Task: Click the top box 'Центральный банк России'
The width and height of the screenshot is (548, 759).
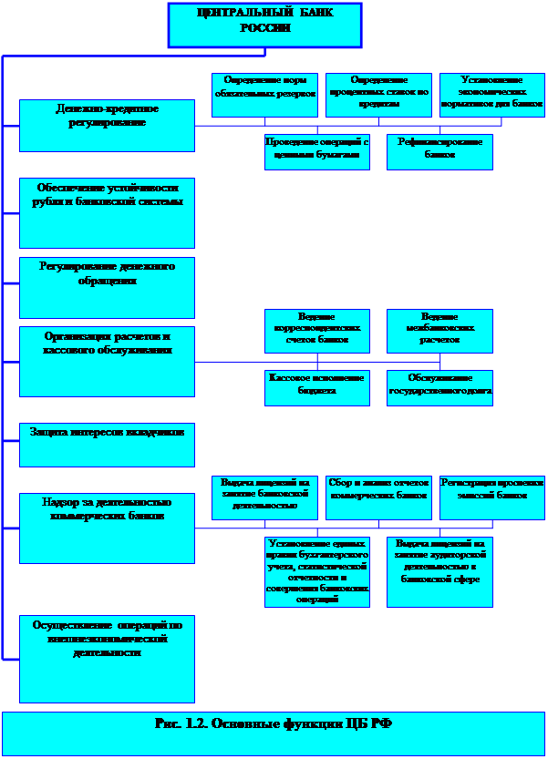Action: point(264,25)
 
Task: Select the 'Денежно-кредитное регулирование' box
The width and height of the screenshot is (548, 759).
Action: point(107,125)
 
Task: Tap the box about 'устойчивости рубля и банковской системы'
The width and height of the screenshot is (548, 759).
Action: point(107,212)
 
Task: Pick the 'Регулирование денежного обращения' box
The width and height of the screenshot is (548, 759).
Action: point(107,287)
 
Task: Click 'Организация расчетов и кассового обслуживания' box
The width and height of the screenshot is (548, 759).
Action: point(107,361)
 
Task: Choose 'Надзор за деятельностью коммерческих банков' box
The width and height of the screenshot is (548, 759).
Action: point(107,528)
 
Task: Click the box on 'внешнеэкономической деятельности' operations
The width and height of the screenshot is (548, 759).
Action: point(107,658)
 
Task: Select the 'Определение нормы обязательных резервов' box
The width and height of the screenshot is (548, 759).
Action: point(264,95)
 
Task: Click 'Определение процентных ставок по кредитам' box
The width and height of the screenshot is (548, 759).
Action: point(378,95)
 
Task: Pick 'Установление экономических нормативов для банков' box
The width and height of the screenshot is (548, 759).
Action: point(492,95)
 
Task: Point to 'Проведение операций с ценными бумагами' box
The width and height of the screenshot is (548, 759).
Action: point(317,152)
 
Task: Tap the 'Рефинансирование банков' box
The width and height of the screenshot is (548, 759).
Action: point(439,152)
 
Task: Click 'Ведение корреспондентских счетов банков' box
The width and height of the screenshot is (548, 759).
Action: point(317,331)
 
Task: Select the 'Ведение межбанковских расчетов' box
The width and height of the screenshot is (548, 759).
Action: point(439,331)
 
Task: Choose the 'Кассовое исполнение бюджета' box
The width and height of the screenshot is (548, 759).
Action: point(317,387)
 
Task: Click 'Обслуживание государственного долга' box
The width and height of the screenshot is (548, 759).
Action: point(439,387)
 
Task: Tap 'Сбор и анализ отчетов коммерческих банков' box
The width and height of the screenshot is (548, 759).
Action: point(378,497)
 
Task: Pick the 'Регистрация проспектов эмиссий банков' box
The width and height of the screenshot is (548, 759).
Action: point(492,497)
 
